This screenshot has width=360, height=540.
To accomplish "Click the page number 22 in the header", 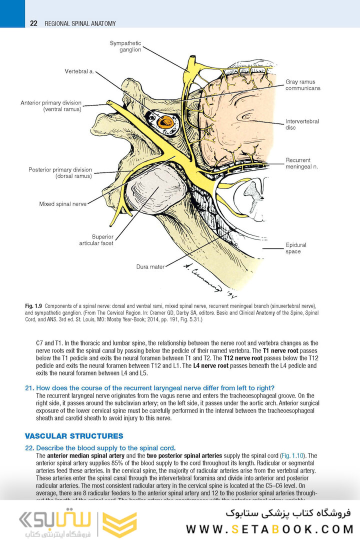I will pos(33,23).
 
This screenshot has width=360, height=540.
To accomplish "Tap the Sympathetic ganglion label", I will pos(125,46).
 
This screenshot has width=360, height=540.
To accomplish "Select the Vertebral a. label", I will pos(79,71).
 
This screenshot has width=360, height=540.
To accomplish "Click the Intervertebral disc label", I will pos(302,124).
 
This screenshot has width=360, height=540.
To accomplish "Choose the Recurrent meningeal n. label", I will pos(302,163).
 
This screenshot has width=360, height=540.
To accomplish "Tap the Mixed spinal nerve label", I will pos(63,204).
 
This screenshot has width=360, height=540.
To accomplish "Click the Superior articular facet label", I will pos(96,240).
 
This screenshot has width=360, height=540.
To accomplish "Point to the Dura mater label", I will pos(150,267).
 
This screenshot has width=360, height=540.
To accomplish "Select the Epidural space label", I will pos(296,248).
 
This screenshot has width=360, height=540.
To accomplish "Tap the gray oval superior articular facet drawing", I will pos(155,189).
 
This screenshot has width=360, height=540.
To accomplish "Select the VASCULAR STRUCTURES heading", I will pos(73,436).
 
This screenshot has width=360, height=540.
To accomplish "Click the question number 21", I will pos(29,388).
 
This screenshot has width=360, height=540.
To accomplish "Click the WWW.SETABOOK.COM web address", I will pos(269,529).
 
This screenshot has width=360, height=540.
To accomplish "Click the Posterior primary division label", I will pos(60,173).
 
